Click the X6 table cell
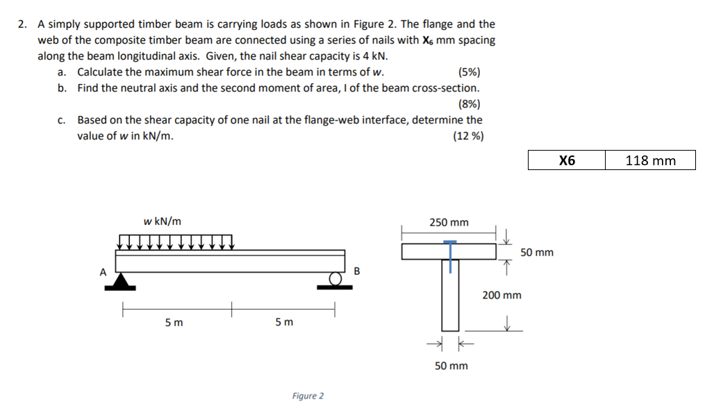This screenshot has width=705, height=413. [567, 160]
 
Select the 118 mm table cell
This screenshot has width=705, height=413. [650, 160]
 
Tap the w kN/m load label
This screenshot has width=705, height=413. [163, 221]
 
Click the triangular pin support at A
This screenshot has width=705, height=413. [124, 280]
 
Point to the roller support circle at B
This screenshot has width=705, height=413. [337, 279]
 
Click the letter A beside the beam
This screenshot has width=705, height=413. [102, 272]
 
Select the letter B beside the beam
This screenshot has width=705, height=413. [357, 270]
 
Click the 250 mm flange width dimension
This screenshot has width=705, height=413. [449, 223]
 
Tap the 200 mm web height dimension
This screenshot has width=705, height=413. [501, 295]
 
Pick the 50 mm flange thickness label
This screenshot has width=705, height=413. [537, 252]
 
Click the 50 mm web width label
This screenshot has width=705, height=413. [451, 366]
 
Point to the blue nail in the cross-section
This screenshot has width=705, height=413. [451, 255]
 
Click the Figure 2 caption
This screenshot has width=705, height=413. [308, 396]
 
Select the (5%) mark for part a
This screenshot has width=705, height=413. [469, 72]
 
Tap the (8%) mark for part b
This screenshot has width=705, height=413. [469, 104]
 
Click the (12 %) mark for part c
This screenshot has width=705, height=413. [468, 136]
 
